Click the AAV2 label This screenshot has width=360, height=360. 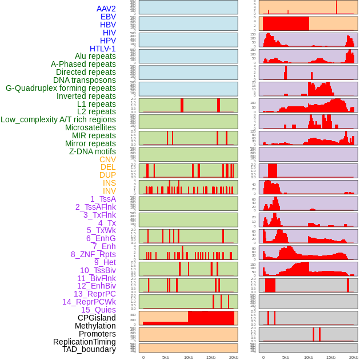pos(106,9)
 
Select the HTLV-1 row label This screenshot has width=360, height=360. pos(103,49)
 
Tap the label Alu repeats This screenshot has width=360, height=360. pos(95,57)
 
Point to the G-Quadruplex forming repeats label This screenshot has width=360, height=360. pos(61,88)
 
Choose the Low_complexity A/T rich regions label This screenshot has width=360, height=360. pos(58,120)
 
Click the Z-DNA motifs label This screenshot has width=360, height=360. pos(93,151)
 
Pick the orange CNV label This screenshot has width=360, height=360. pos(107,159)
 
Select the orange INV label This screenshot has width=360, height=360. pos(109,191)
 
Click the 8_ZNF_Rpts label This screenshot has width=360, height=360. pos(93,254)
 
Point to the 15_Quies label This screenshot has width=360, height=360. pos(98,310)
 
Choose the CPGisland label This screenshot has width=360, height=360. pos(97,318)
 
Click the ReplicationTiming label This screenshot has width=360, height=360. pos(85,342)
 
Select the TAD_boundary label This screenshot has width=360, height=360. pos(89,349)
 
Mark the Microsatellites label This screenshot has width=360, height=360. pos(90,127)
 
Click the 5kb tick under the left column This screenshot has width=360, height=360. pos(166,357)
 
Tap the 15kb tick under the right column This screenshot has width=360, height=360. pos(331,357)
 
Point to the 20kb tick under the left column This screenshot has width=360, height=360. pos(234,357)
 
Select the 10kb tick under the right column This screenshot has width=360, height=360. pos(309,357)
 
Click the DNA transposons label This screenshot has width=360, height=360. pos(85,80)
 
